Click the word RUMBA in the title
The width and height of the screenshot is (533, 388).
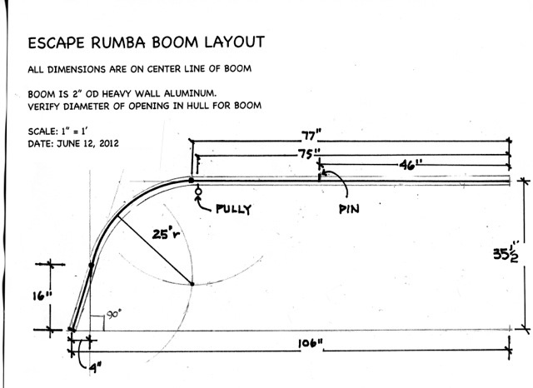(x=118, y=42)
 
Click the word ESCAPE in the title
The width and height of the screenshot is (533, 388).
(x=56, y=43)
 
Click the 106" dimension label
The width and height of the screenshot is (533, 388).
(x=311, y=344)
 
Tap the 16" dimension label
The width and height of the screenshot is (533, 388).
(x=42, y=296)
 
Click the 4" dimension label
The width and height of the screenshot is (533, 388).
(x=97, y=368)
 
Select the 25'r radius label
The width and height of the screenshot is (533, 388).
(x=167, y=234)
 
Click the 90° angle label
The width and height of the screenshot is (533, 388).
(x=114, y=314)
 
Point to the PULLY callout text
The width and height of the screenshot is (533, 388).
(x=234, y=209)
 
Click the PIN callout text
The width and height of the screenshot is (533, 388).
(x=350, y=209)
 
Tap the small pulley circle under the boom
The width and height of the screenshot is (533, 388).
(x=198, y=192)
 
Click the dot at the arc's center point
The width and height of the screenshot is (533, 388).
(x=192, y=284)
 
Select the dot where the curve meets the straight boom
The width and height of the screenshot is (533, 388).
(x=192, y=181)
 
